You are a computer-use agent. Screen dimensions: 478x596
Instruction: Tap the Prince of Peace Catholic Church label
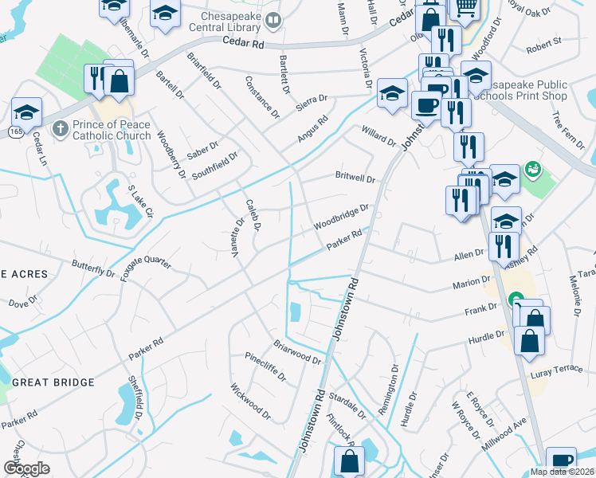[x=112, y=130]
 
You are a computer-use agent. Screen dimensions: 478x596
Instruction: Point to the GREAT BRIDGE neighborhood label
[x=53, y=382]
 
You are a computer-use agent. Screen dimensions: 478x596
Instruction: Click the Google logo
[x=26, y=468]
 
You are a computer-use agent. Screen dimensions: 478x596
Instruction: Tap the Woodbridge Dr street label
[x=340, y=215]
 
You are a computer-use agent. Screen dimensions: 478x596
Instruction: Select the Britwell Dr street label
[x=355, y=178]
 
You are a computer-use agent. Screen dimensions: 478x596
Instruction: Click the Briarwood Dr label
[x=297, y=353]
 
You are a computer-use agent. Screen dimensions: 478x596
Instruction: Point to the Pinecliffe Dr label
[x=265, y=365]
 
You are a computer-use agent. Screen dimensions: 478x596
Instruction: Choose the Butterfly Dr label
[x=93, y=268]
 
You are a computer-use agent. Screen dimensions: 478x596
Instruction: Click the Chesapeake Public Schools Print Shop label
[x=518, y=90]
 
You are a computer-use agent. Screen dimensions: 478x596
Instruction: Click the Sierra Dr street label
[x=312, y=102]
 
